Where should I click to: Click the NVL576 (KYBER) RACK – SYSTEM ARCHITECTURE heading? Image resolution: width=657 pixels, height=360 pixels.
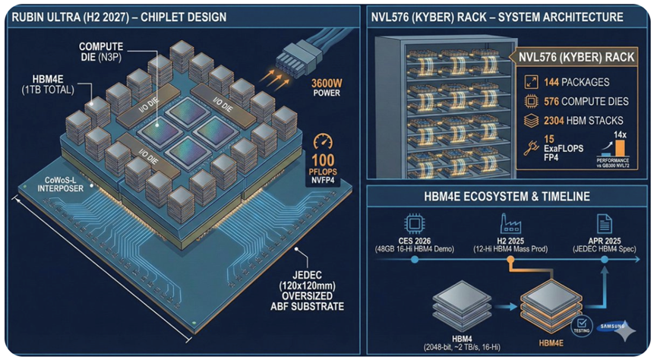pyautogui.click(x=497, y=16)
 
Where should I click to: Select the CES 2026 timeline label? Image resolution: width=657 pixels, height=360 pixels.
pyautogui.click(x=415, y=243)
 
